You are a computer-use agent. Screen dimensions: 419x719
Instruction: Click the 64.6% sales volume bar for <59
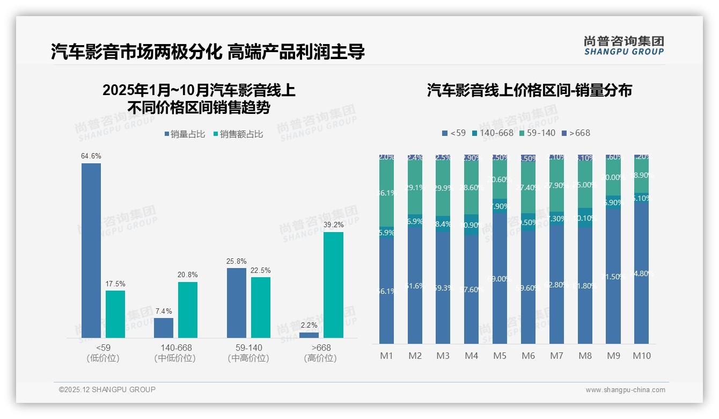click(91, 250)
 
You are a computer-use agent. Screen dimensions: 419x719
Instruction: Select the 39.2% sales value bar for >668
click(333, 285)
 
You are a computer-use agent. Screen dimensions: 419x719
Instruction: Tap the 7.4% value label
click(164, 312)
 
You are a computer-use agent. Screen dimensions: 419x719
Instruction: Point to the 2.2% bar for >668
click(309, 335)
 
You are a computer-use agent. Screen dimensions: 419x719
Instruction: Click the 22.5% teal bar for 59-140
click(261, 307)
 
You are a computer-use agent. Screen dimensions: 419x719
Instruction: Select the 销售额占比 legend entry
click(238, 134)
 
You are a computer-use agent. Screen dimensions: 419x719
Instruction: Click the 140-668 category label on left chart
click(176, 348)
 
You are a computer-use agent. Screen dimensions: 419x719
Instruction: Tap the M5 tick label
click(500, 356)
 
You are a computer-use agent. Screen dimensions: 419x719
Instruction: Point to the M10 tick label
click(642, 356)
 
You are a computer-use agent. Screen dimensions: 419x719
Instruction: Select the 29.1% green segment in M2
click(415, 188)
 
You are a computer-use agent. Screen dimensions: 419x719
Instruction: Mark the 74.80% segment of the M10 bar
click(642, 273)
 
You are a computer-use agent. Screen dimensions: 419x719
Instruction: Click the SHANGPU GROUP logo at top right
click(623, 46)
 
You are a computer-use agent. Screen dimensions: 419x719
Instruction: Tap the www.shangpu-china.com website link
click(625, 390)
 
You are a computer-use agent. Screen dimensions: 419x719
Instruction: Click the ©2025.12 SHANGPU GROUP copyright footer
click(107, 389)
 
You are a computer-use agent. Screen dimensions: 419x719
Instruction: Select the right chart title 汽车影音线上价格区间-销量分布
click(529, 90)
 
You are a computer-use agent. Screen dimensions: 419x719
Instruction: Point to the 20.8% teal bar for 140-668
click(188, 310)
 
